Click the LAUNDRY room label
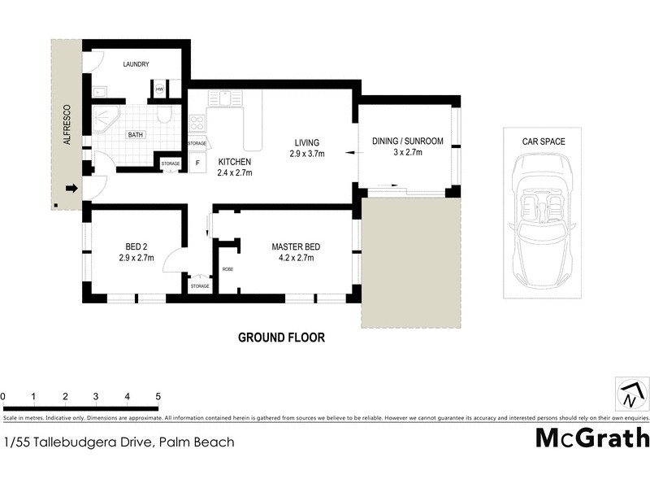coord(140,64)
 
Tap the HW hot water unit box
coord(159,89)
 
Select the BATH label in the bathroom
coord(135,136)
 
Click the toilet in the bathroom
coord(165,114)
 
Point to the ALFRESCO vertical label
coord(68,125)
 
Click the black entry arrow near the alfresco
coord(71,189)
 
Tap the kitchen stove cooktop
coord(197,124)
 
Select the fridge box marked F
coord(197,162)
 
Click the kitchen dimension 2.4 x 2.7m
coord(234,172)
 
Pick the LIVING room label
coord(307,142)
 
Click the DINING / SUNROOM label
coord(408,142)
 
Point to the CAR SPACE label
coord(544,142)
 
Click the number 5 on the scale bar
coord(158,396)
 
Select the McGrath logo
coord(591,438)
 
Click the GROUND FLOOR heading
coord(281,338)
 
